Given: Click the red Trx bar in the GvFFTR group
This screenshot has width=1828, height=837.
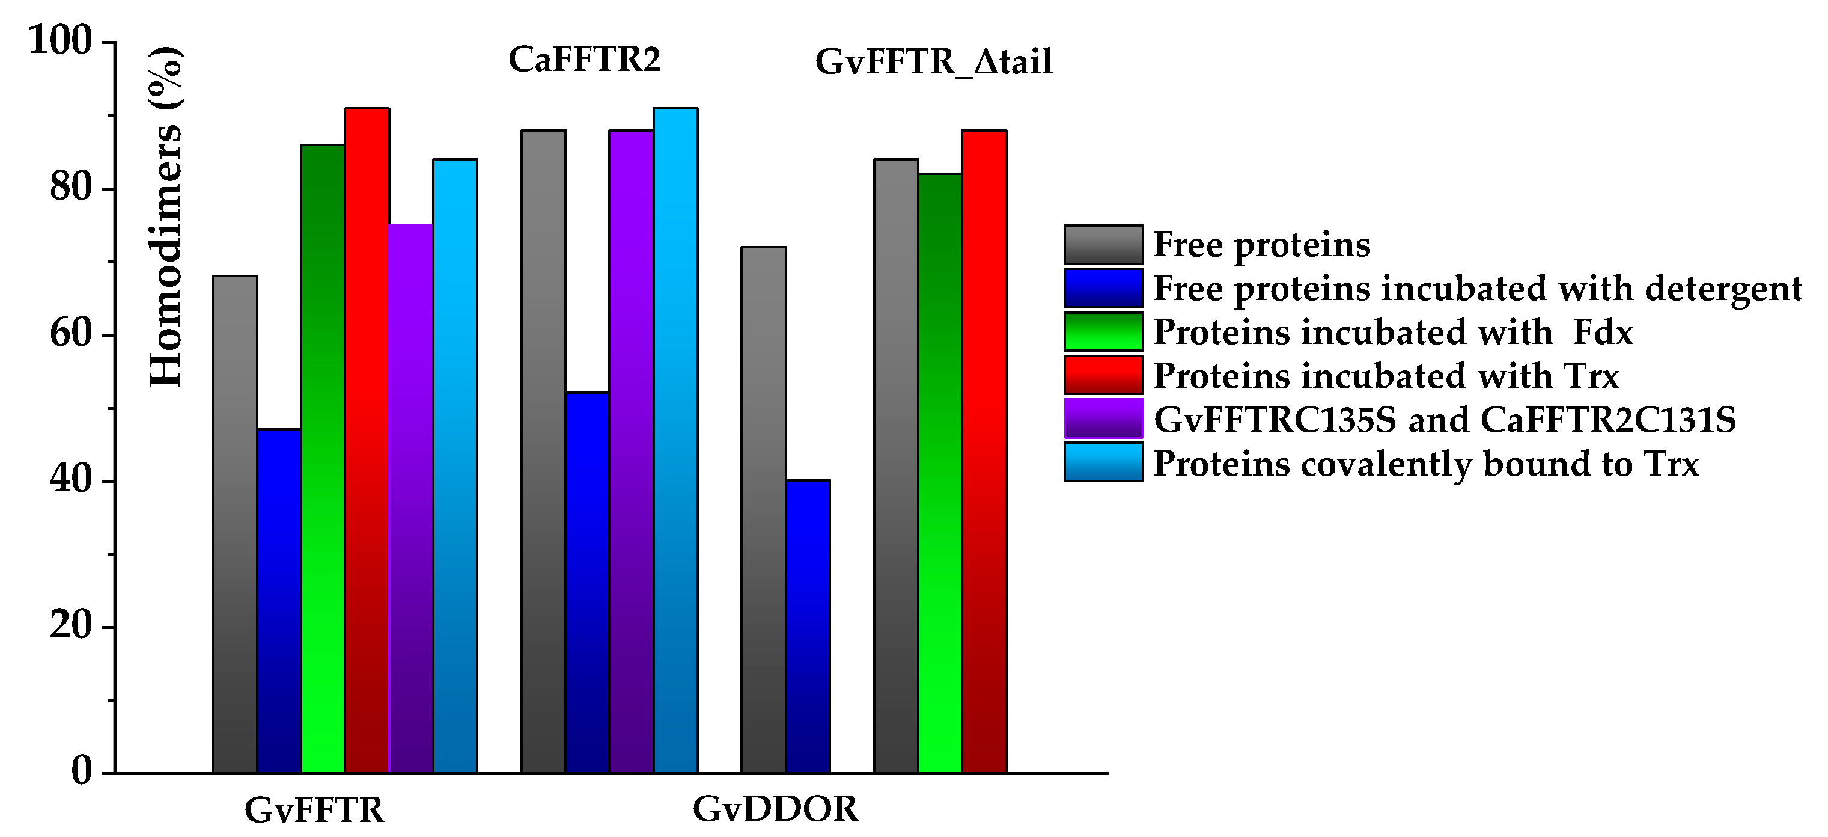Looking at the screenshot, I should pos(367,440).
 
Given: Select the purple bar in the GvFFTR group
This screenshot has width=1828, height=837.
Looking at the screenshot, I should pos(411,497).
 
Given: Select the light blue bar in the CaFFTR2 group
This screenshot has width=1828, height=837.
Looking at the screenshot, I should pos(675,440).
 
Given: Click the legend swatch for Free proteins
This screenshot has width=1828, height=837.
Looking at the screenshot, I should pos(1103,244).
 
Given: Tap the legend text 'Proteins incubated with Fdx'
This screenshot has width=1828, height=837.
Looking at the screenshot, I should pos(1392,333).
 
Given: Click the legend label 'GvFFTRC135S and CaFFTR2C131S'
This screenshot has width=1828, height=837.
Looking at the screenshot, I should pos(1444,420).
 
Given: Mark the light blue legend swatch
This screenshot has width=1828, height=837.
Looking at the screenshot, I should pos(1103,462).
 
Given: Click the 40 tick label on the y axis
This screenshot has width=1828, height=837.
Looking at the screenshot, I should pos(71,480).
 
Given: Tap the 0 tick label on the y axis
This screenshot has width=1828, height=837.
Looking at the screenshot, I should pos(82,771).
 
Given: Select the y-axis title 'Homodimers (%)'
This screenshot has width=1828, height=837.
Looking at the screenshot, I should pos(166,216).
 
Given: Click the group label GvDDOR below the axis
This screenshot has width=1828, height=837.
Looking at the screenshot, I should pos(775,809).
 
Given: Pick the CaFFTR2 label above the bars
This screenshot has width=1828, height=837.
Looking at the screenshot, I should pos(584,59).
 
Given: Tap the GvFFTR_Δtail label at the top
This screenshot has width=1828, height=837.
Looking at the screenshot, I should pos(933,62).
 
